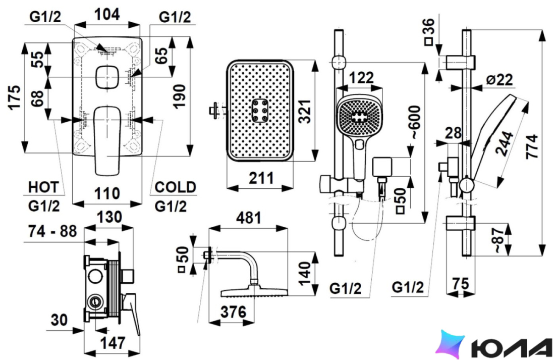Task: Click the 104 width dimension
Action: click(x=107, y=15)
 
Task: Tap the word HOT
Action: click(x=43, y=187)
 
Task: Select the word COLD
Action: click(x=175, y=187)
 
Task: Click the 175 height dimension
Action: click(x=15, y=97)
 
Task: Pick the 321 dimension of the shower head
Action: click(x=305, y=111)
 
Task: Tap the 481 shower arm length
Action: click(x=248, y=218)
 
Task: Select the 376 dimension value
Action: click(x=233, y=312)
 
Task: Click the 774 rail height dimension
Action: click(x=532, y=146)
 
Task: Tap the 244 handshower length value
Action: click(x=504, y=143)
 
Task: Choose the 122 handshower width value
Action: click(x=361, y=78)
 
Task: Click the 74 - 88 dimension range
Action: click(x=52, y=231)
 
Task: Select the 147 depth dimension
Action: click(x=113, y=343)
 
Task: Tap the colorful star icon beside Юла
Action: click(x=450, y=344)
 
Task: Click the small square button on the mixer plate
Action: click(x=107, y=77)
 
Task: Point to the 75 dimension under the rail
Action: click(x=461, y=283)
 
